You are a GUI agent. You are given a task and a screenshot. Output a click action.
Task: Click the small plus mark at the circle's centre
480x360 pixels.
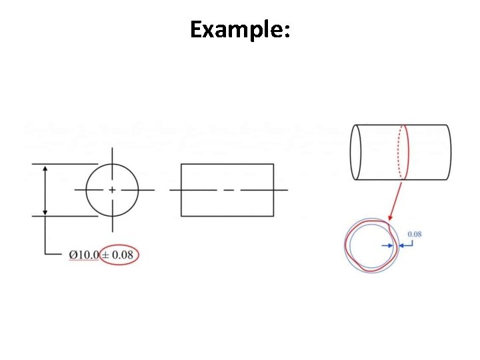point(112,190)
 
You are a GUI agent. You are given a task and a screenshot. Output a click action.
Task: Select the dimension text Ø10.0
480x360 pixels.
point(83,255)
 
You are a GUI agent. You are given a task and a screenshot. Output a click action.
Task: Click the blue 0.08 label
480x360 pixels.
point(414,234)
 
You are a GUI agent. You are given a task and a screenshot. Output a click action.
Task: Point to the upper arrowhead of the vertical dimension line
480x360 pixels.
point(45,169)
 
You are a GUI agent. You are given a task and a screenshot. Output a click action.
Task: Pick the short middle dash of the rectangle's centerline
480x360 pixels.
point(229,190)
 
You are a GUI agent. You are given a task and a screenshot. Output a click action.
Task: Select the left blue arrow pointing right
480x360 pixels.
point(389,245)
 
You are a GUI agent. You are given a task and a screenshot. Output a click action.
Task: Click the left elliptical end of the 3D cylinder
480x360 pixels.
point(356,152)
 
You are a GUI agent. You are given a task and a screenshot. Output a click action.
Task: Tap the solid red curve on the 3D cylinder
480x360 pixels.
point(408,152)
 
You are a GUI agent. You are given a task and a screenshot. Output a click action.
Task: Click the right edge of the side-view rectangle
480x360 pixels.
point(273,190)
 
